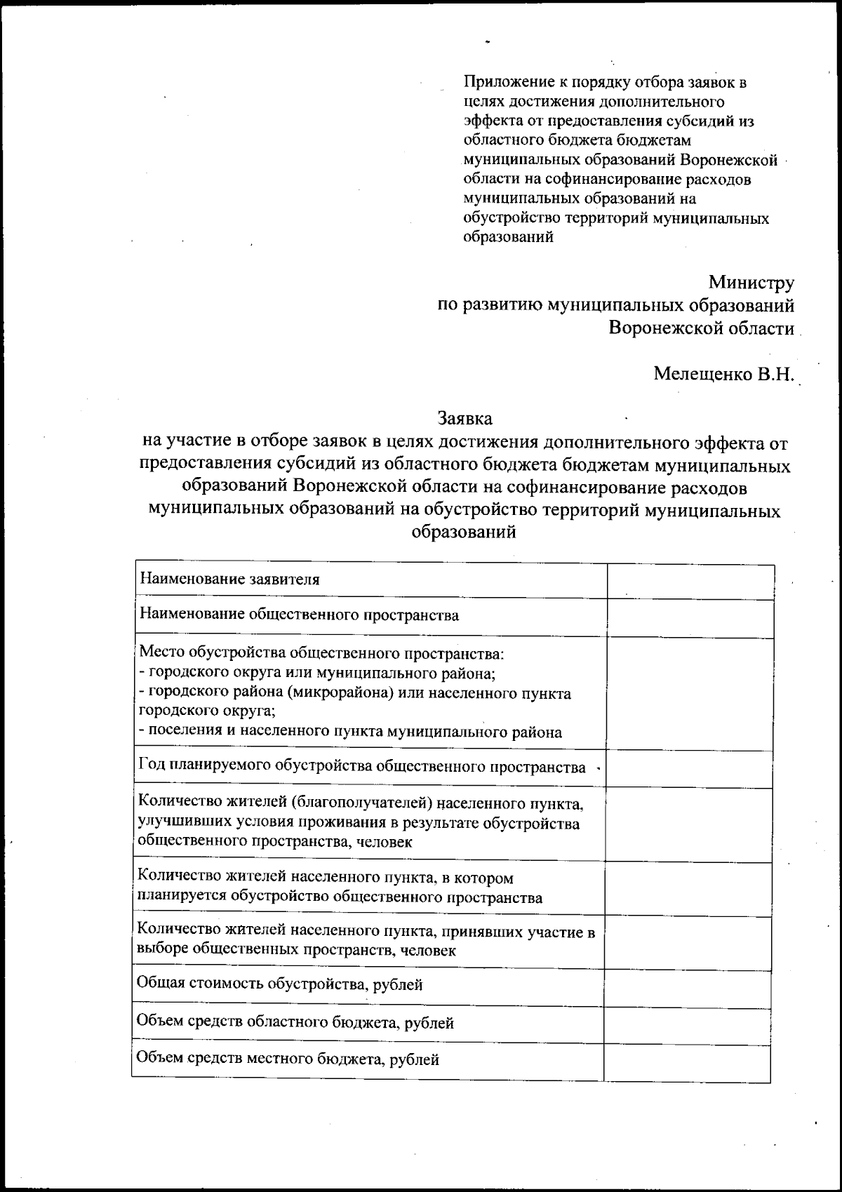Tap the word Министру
751,283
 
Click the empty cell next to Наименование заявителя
690,582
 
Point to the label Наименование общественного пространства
299,615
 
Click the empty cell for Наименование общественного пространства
690,618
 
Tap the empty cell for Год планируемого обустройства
689,769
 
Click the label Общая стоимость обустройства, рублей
279,984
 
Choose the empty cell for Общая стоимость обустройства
688,988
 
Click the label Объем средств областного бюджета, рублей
295,1022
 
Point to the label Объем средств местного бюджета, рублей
288,1059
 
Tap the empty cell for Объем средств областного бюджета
688,1025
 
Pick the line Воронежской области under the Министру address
701,328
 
